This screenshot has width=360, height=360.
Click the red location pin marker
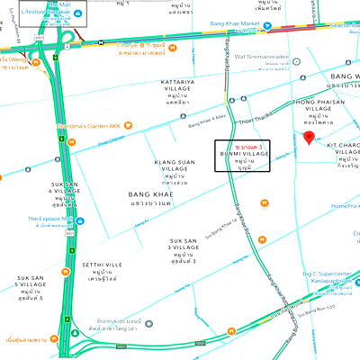pos(309,138)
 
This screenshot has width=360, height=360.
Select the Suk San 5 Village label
pos(29,289)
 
